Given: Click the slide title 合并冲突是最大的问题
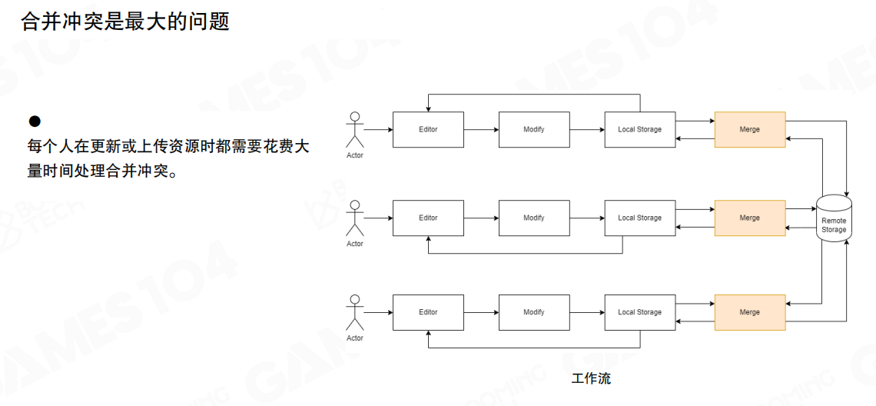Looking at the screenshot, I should (125, 21).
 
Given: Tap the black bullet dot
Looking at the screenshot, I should (34, 121).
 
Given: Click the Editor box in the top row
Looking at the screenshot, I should (428, 129).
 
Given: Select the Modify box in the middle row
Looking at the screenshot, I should (534, 218).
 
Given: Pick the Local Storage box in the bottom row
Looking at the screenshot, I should (639, 312).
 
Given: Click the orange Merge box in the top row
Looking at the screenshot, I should (749, 129).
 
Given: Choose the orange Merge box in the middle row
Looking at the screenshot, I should (749, 218).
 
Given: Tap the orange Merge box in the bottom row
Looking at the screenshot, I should (749, 312).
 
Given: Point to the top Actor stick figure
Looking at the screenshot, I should (354, 130).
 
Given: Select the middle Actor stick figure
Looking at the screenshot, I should (354, 218).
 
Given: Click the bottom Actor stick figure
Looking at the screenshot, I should (354, 313).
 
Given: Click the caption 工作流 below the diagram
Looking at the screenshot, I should (592, 378).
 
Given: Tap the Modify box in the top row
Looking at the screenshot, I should (534, 129).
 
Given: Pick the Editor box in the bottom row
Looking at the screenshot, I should (428, 312).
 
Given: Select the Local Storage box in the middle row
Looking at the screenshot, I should (639, 218).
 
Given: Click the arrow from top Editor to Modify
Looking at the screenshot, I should (481, 129).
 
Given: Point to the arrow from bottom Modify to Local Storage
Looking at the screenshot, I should (587, 312).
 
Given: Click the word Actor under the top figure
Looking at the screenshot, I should (354, 155).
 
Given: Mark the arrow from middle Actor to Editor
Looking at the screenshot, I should (378, 218).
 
